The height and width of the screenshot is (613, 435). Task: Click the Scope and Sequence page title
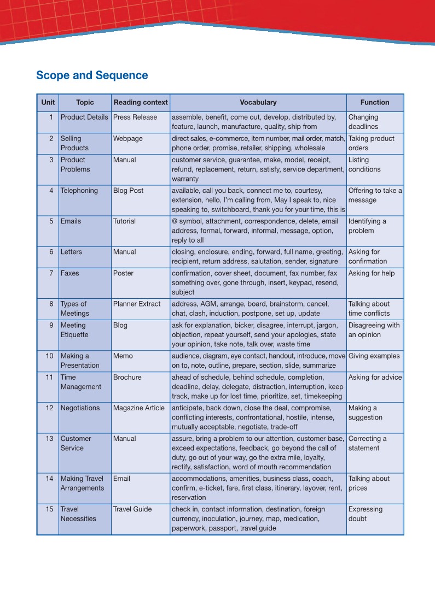(92, 75)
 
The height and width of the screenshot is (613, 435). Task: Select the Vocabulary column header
(258, 102)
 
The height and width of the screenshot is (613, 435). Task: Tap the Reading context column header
(141, 102)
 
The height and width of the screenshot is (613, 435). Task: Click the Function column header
(375, 102)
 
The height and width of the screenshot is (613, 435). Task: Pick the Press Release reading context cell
(135, 117)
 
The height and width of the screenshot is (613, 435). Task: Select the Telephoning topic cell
(79, 191)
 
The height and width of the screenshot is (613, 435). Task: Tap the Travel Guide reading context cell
(132, 509)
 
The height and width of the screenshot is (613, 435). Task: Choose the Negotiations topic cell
(80, 408)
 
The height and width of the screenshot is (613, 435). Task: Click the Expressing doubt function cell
(366, 514)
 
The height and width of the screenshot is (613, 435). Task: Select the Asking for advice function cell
(375, 378)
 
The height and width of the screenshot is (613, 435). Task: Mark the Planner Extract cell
(137, 304)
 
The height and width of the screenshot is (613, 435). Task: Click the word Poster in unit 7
(123, 273)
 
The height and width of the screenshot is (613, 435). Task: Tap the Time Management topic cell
(81, 382)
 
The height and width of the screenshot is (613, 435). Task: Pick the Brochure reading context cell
(127, 378)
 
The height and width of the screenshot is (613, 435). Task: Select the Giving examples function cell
(374, 356)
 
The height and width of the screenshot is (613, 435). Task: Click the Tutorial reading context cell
(125, 221)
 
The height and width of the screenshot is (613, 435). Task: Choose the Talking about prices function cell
(369, 484)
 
